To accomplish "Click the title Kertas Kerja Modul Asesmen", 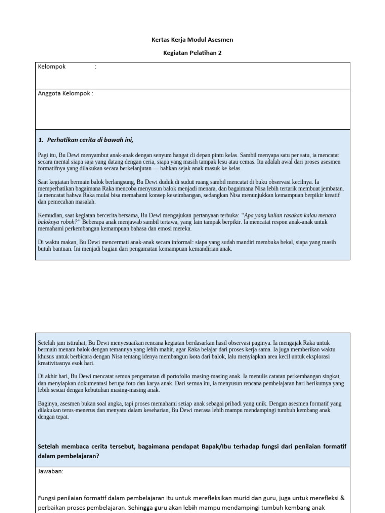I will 192,40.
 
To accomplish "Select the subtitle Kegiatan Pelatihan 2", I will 192,53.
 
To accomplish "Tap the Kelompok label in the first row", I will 52,67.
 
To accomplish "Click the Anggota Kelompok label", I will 65,93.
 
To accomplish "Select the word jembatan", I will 333,189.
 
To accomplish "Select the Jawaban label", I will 51,471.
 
